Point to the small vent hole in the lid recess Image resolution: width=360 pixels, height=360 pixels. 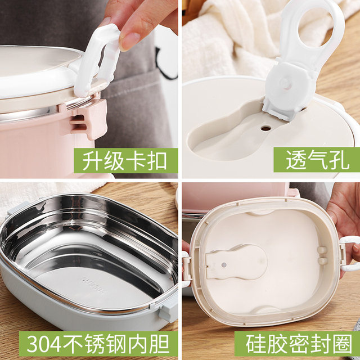click(266, 128)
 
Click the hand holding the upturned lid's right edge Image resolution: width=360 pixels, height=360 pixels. click(343, 214)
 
